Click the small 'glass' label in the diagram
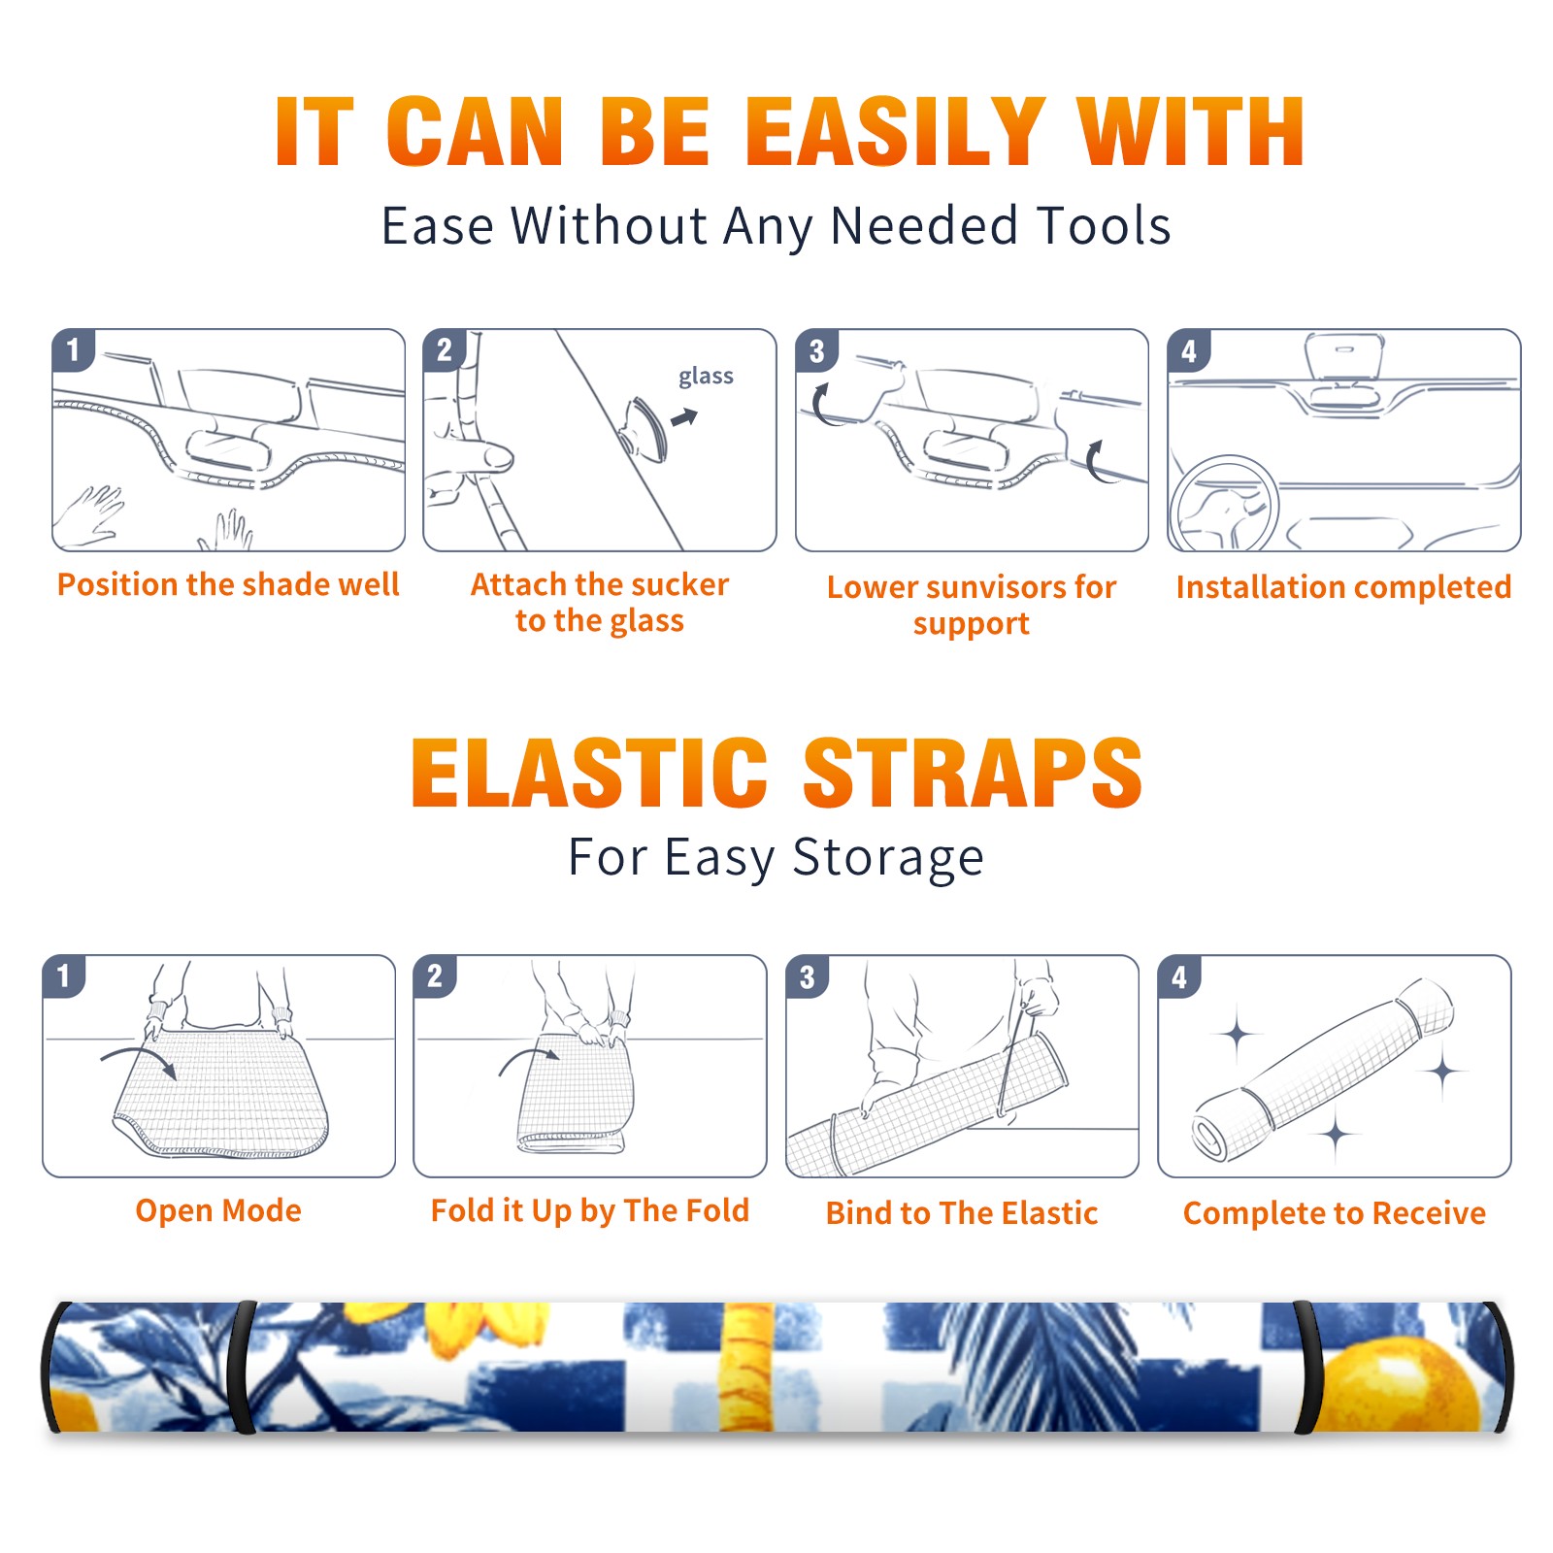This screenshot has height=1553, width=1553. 706,377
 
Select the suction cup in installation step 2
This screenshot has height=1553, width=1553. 646,428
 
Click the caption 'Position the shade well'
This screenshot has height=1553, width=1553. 228,584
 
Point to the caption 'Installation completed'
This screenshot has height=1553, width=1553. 1343,587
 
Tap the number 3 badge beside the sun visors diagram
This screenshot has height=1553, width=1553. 816,350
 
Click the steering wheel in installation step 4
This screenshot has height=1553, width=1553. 1224,505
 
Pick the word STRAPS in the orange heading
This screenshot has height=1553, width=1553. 973,773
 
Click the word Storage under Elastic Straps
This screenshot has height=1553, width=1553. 888,858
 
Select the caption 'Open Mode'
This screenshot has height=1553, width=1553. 218,1210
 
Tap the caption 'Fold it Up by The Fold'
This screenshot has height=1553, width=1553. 590,1210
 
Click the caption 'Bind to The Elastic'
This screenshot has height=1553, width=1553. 962,1213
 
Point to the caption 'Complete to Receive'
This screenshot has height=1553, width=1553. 1335,1213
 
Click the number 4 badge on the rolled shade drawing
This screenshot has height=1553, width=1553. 1179,976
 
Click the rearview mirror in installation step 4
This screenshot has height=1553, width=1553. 1343,355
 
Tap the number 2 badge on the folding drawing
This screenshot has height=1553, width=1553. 434,976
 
